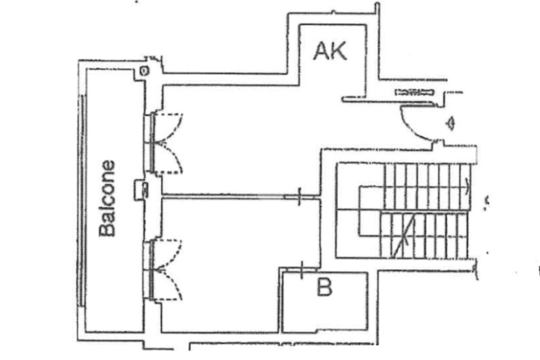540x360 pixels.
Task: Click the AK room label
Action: (330, 51)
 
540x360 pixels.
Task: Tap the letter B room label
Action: (324, 288)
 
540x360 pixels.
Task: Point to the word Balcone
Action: (108, 198)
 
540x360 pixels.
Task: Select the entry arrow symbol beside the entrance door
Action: (450, 124)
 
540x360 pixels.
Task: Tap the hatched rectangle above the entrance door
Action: (414, 92)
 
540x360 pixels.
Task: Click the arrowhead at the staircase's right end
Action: (467, 185)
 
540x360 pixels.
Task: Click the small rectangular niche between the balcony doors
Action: (140, 189)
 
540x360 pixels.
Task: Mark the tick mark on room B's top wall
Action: (302, 270)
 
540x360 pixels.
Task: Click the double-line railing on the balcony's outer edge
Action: (82, 200)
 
